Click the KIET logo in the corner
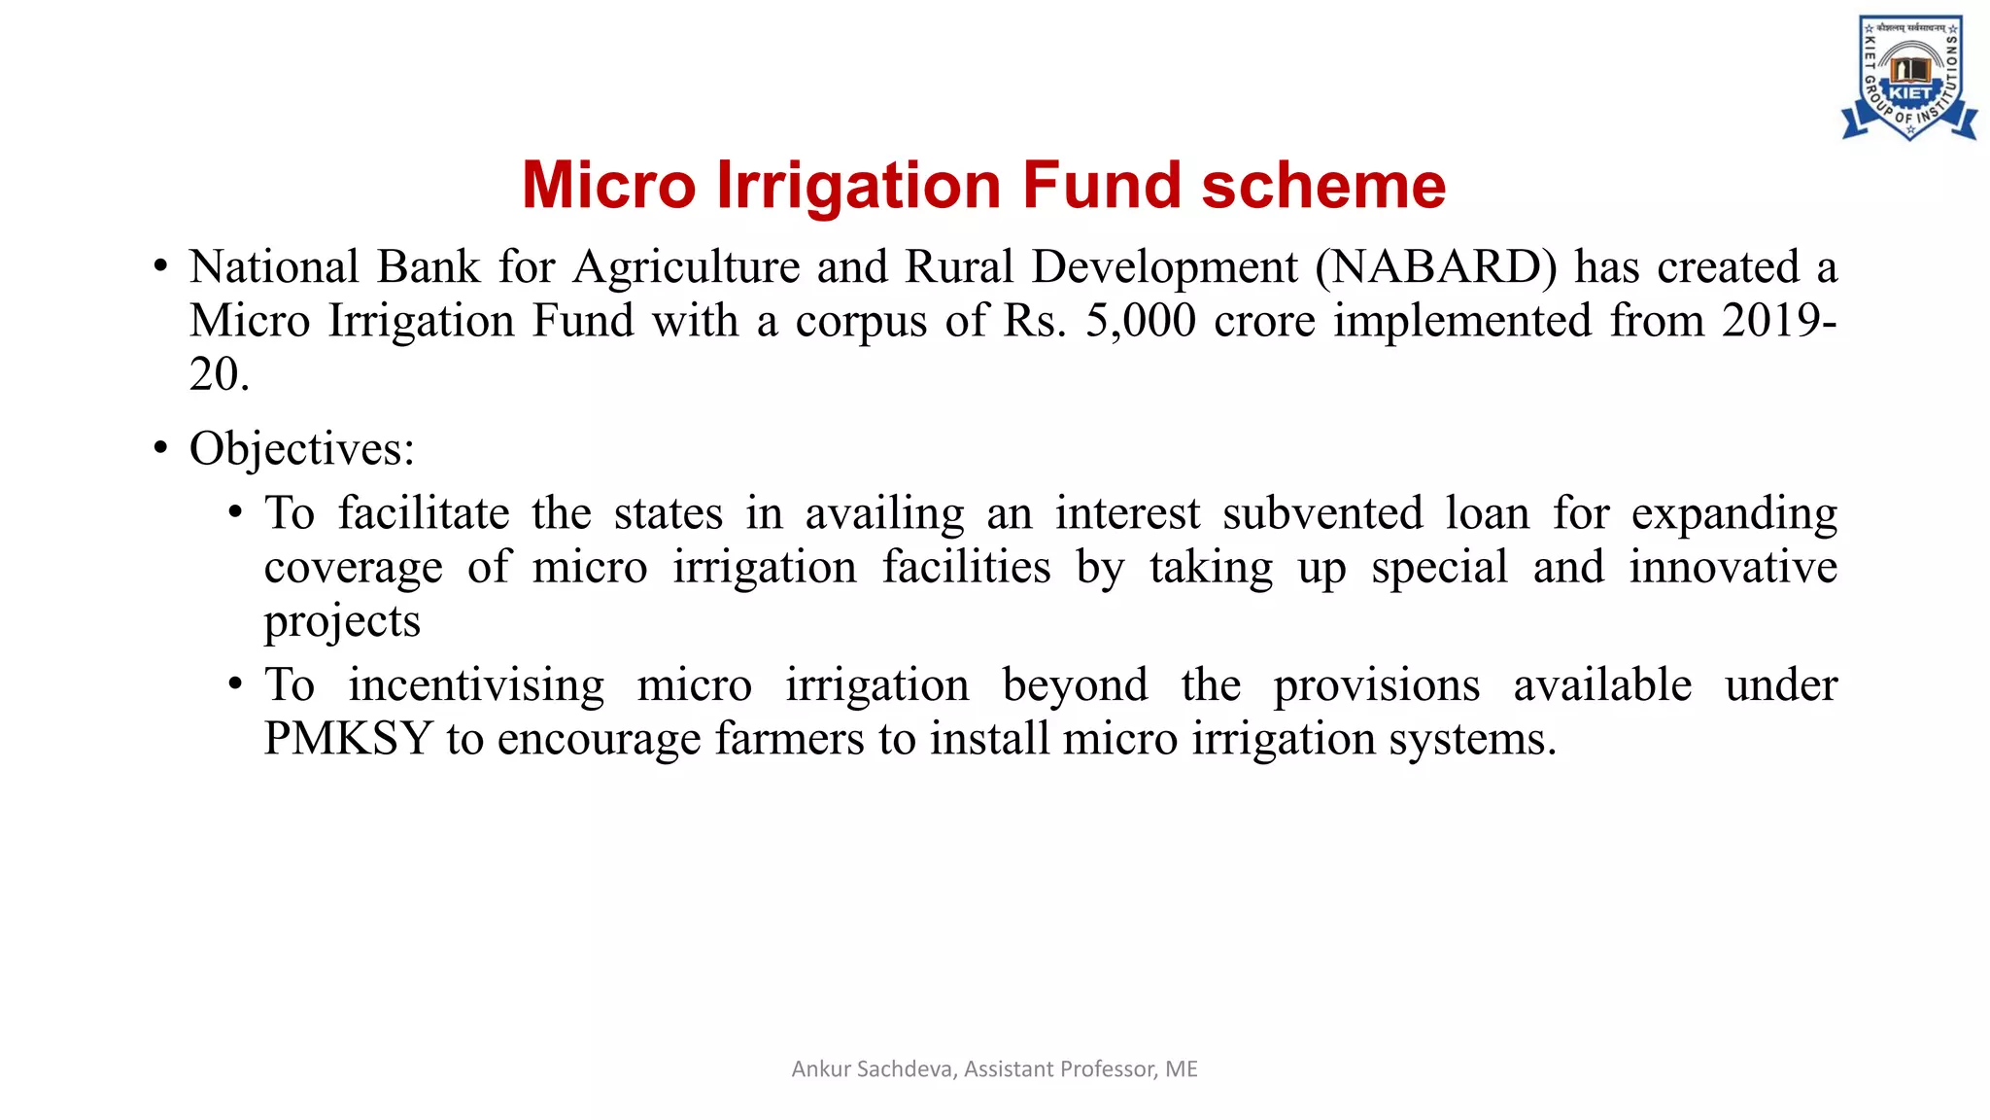(x=1908, y=78)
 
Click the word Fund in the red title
(x=1101, y=185)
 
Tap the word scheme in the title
(x=1323, y=185)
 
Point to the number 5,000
(x=1140, y=321)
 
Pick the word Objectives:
(x=302, y=449)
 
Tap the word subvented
(x=1322, y=513)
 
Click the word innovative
(x=1733, y=567)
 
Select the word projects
(x=342, y=622)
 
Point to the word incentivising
(x=476, y=685)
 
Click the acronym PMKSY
(x=348, y=739)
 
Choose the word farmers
(x=789, y=739)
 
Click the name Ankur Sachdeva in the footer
(x=872, y=1069)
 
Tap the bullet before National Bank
(x=160, y=267)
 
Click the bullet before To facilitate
(x=235, y=513)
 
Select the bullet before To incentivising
(x=235, y=685)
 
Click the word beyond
(x=1075, y=685)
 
